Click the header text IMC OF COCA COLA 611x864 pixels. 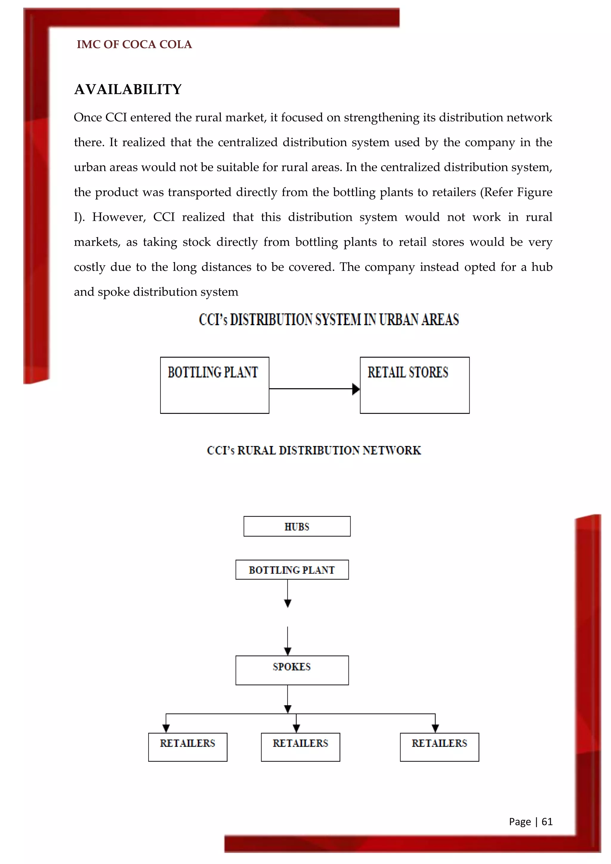click(x=134, y=45)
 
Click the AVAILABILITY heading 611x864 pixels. click(x=128, y=90)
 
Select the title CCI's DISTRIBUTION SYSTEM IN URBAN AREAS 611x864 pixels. click(x=329, y=320)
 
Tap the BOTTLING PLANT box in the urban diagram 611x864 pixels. click(x=215, y=385)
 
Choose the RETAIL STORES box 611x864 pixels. click(x=415, y=385)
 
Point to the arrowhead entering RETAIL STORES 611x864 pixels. click(x=356, y=389)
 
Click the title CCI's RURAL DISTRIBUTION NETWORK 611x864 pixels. click(x=314, y=450)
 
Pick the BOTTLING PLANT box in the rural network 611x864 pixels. click(x=292, y=570)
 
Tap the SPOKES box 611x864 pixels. click(x=292, y=670)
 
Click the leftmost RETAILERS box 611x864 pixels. click(x=188, y=747)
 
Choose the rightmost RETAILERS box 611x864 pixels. click(x=439, y=747)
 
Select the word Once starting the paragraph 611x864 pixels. click(x=88, y=118)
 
